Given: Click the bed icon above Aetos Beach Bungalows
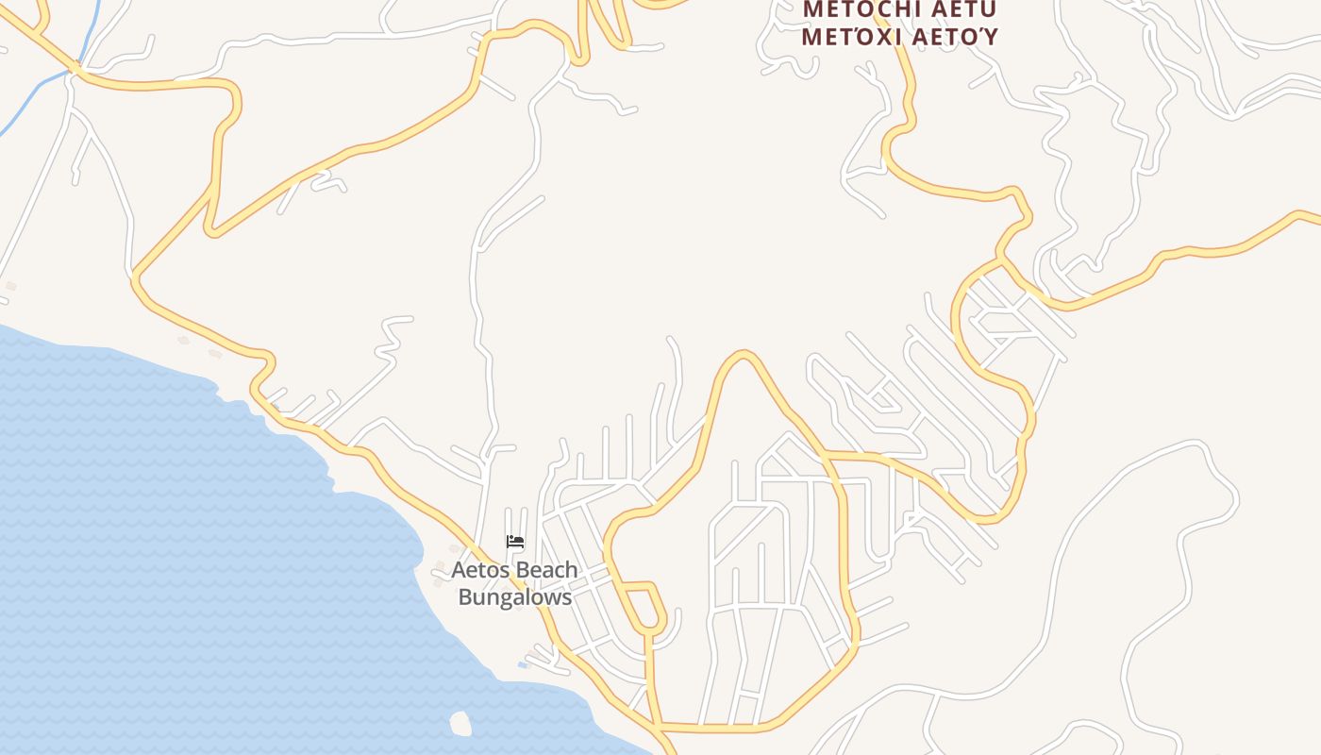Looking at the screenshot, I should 515,542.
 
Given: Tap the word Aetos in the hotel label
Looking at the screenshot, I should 478,571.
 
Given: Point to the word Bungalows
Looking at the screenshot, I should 515,597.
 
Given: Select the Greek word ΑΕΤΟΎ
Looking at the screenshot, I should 959,37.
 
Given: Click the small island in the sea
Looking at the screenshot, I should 460,724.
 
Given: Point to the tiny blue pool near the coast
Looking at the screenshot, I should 522,665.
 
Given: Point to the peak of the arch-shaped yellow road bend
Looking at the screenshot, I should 744,355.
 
